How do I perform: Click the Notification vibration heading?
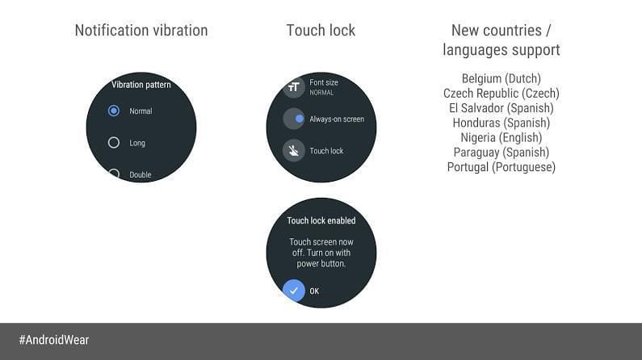tap(141, 31)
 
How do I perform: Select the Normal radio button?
tap(114, 111)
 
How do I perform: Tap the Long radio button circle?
tap(114, 142)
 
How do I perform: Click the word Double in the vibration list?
tap(141, 174)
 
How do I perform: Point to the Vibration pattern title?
tap(141, 85)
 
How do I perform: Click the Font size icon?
tap(294, 86)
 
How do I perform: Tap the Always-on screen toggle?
tap(294, 119)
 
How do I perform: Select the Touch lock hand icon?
tap(294, 151)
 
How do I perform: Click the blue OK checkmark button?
tap(294, 291)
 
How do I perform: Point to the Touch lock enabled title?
tap(321, 220)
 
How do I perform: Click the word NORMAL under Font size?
tap(321, 93)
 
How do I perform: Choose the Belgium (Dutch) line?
tap(501, 78)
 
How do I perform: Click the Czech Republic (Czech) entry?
tap(501, 94)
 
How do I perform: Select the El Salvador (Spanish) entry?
tap(501, 108)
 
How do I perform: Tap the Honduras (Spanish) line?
tap(501, 123)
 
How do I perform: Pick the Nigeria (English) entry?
tap(501, 137)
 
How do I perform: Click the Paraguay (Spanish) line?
tap(501, 153)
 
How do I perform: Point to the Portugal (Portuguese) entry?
tap(501, 167)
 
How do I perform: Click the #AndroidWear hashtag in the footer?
tap(54, 340)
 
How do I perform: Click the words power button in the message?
tap(321, 264)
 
